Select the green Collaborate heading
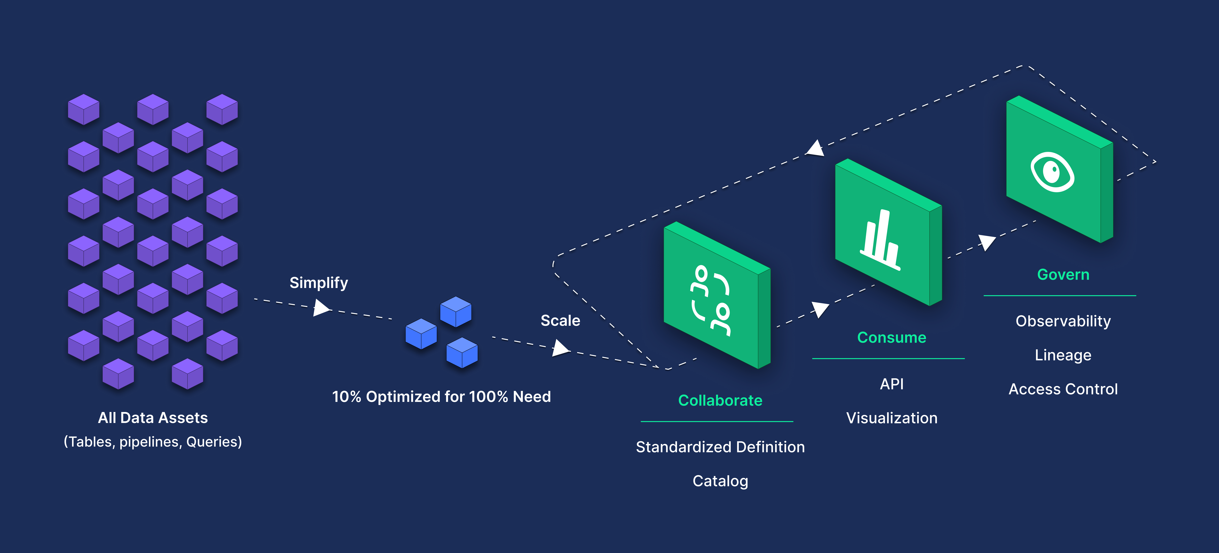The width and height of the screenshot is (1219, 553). click(720, 401)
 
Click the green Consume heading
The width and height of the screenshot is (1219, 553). click(892, 338)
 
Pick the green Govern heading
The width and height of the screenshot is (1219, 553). click(1063, 275)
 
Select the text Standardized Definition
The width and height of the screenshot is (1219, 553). click(720, 447)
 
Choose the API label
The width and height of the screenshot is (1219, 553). click(892, 384)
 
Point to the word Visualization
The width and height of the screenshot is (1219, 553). click(892, 418)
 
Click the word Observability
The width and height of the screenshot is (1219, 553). click(1063, 321)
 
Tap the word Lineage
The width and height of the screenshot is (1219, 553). click(1063, 355)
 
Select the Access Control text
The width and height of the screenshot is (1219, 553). click(1063, 389)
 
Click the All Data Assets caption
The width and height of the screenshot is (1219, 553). click(153, 418)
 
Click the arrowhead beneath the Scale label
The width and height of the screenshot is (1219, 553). click(560, 348)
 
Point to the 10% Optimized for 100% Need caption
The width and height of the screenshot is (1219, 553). click(441, 397)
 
